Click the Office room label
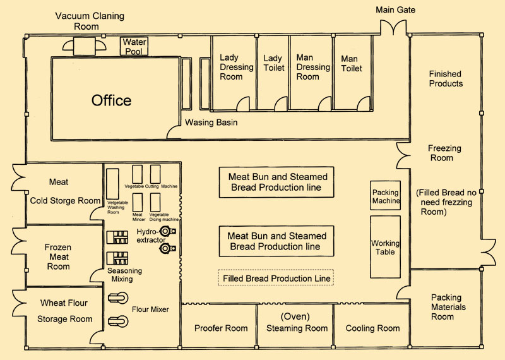pos(111,100)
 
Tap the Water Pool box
pos(134,46)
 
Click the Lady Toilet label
pos(273,63)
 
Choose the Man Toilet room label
pos(352,63)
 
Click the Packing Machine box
pos(386,196)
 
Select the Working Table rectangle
pos(385,247)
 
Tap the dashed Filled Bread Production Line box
pos(275,278)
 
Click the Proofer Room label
pos(221,328)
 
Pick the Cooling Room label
pos(372,328)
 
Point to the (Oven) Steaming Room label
pos(297,323)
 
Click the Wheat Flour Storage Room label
pos(64,311)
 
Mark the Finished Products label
pos(446,79)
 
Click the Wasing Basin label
pos(211,123)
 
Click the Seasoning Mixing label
pos(124,275)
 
